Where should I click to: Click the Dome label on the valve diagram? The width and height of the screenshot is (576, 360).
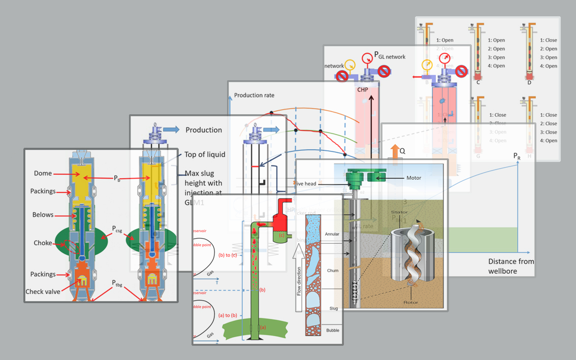point(43,174)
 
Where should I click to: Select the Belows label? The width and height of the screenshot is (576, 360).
point(43,215)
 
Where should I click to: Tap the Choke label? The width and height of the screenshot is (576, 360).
point(43,243)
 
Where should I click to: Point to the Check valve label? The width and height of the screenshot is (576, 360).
point(43,291)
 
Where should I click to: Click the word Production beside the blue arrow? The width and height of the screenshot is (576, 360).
point(203,130)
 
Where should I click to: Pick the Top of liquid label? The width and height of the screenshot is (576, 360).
point(205,155)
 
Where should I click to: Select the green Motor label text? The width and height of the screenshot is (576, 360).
point(413,178)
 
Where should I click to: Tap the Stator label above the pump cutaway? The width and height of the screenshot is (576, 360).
point(399,212)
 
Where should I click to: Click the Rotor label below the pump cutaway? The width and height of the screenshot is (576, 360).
point(410,303)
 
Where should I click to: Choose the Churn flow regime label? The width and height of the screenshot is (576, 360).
point(332,271)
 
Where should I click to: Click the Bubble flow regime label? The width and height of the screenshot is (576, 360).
point(332,331)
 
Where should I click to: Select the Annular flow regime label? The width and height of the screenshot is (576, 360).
point(332,234)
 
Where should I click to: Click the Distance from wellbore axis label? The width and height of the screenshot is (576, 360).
point(510,266)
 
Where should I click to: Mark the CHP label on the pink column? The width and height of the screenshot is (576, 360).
point(362,90)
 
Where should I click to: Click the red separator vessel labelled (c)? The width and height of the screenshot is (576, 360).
point(281,223)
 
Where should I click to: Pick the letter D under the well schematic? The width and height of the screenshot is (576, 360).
point(529,83)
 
